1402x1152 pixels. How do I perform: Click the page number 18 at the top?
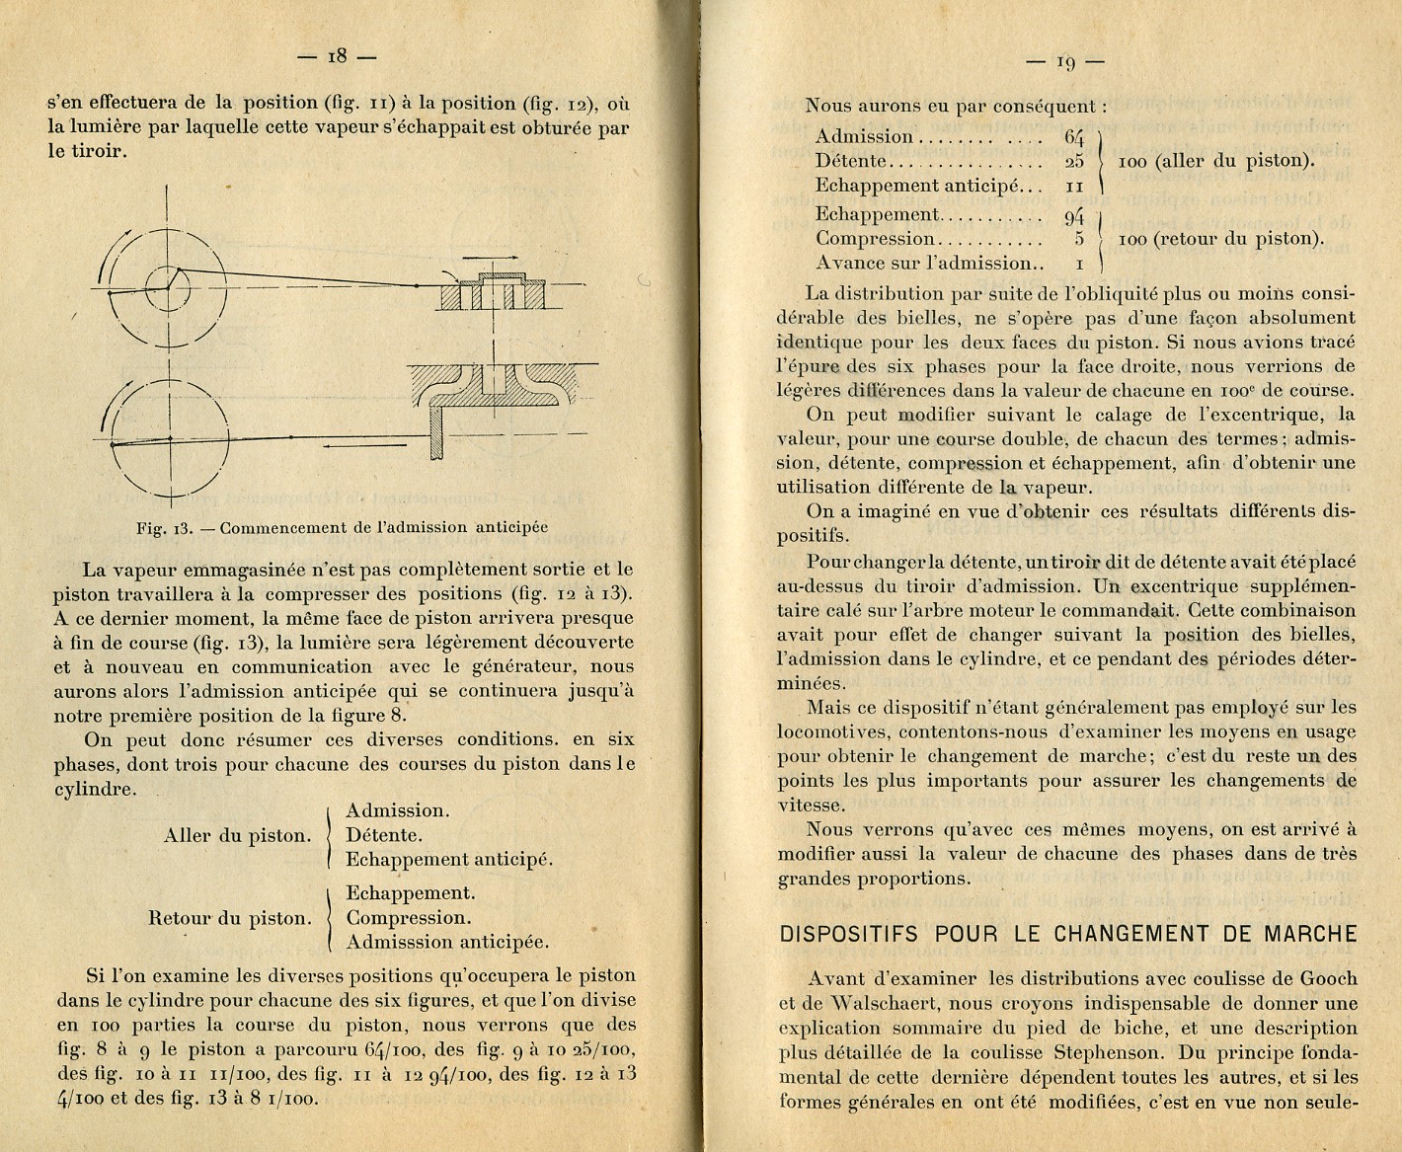[x=337, y=57]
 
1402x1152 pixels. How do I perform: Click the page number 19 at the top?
[x=1065, y=62]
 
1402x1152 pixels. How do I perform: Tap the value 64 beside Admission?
[x=1074, y=137]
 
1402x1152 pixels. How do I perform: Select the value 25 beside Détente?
[x=1074, y=161]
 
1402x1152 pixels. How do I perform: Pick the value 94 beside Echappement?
[x=1074, y=215]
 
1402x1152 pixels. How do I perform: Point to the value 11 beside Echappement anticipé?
[x=1075, y=186]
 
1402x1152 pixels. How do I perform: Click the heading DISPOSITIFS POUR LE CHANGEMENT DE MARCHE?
[x=1068, y=934]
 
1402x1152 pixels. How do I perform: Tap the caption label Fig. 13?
[x=163, y=528]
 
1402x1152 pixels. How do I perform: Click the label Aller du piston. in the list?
[x=237, y=836]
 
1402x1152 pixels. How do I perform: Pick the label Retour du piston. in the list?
[x=229, y=918]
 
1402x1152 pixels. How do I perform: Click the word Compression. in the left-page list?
[x=409, y=918]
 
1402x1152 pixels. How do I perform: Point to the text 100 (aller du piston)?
[x=1215, y=161]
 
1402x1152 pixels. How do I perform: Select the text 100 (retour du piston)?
[x=1220, y=239]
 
